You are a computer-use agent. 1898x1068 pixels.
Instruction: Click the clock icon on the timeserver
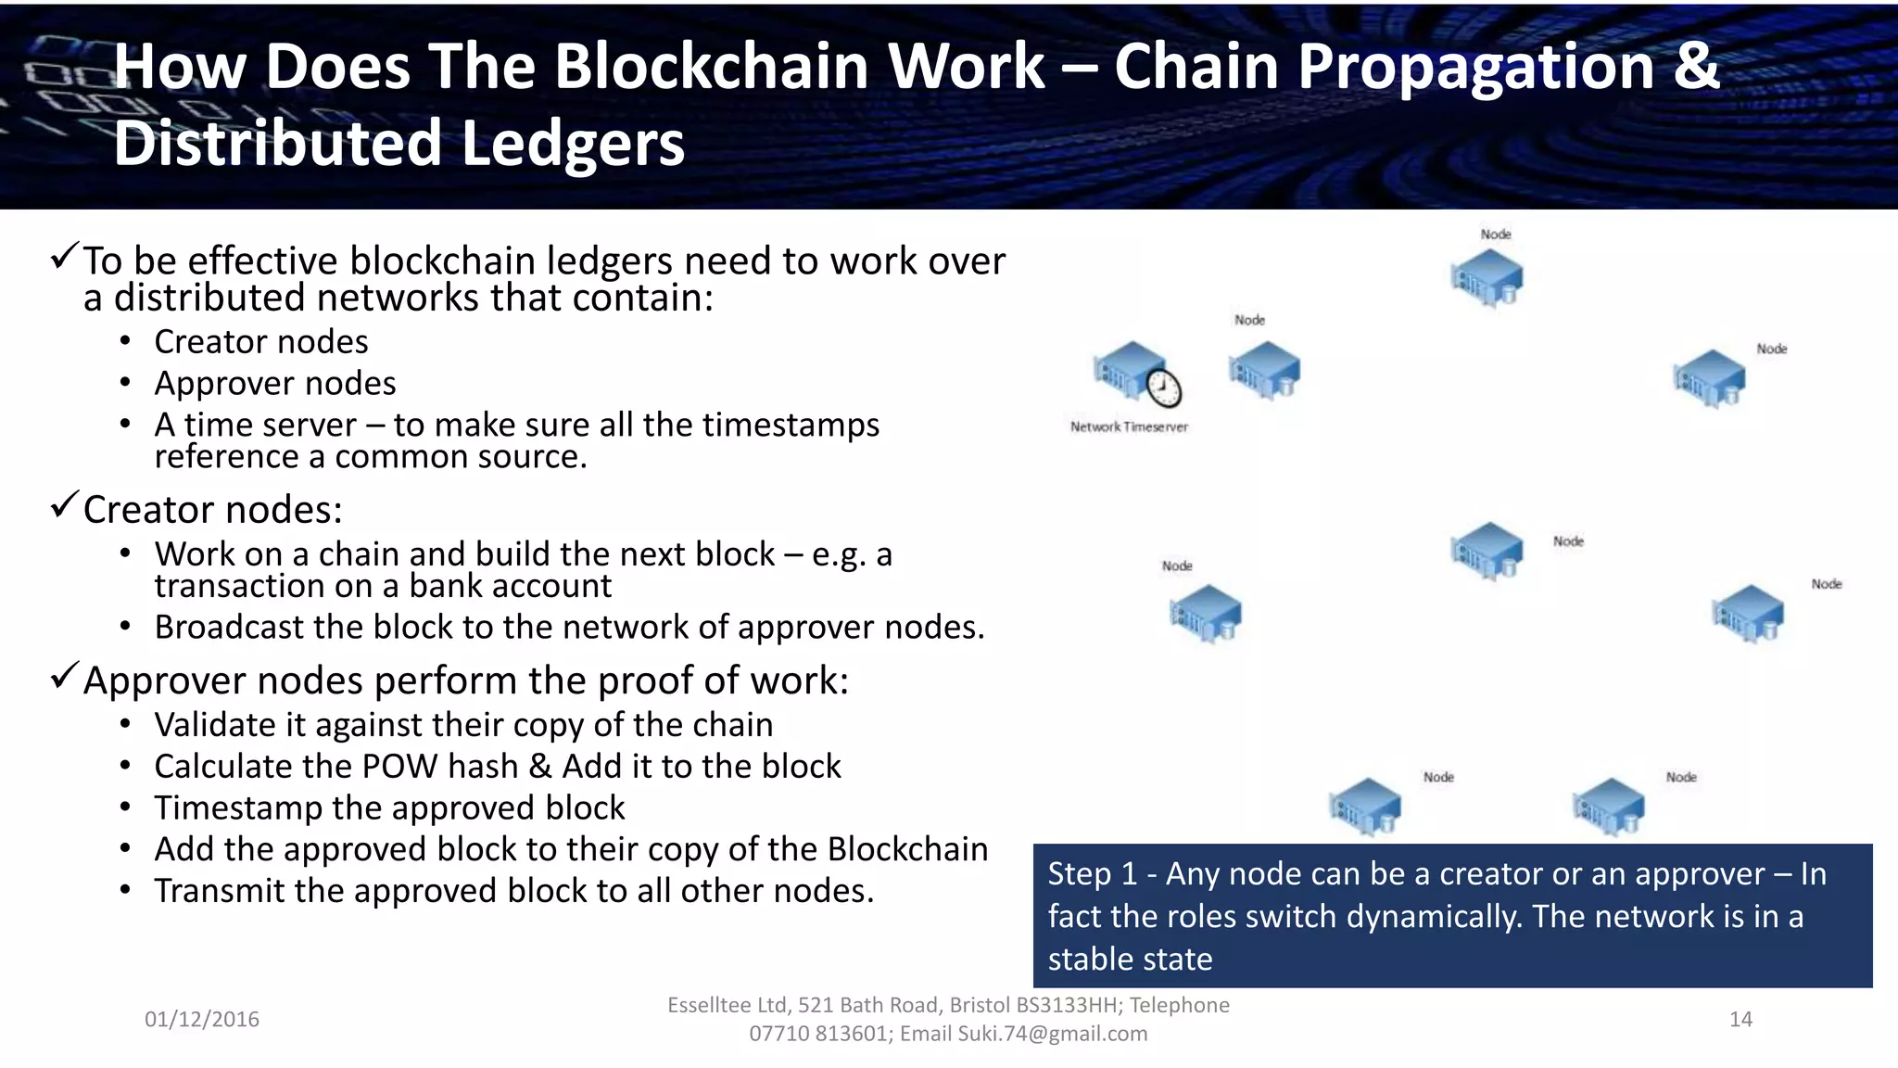1164,388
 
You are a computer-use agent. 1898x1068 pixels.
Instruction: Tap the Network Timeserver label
1129,427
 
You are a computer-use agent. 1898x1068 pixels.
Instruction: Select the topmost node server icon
1487,277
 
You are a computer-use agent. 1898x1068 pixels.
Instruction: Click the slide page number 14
1740,1020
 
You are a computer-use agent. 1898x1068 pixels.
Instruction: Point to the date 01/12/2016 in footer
202,1020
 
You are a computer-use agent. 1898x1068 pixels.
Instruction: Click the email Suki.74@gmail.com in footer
1052,1034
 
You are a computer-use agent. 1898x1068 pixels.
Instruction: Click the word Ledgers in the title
572,144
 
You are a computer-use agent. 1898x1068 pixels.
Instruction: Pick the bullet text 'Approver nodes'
275,384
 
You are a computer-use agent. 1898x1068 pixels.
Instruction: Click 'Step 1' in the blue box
1092,874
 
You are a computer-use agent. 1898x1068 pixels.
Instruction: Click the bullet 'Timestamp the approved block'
389,808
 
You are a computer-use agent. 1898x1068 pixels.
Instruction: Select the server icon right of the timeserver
1264,370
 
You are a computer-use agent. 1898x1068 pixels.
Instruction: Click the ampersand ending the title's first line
1696,67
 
